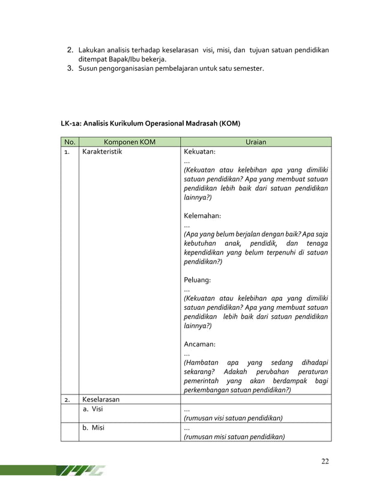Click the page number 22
coord(325,461)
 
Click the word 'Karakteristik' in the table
coord(101,153)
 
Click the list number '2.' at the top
coord(70,49)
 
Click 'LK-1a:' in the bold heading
coord(71,124)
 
